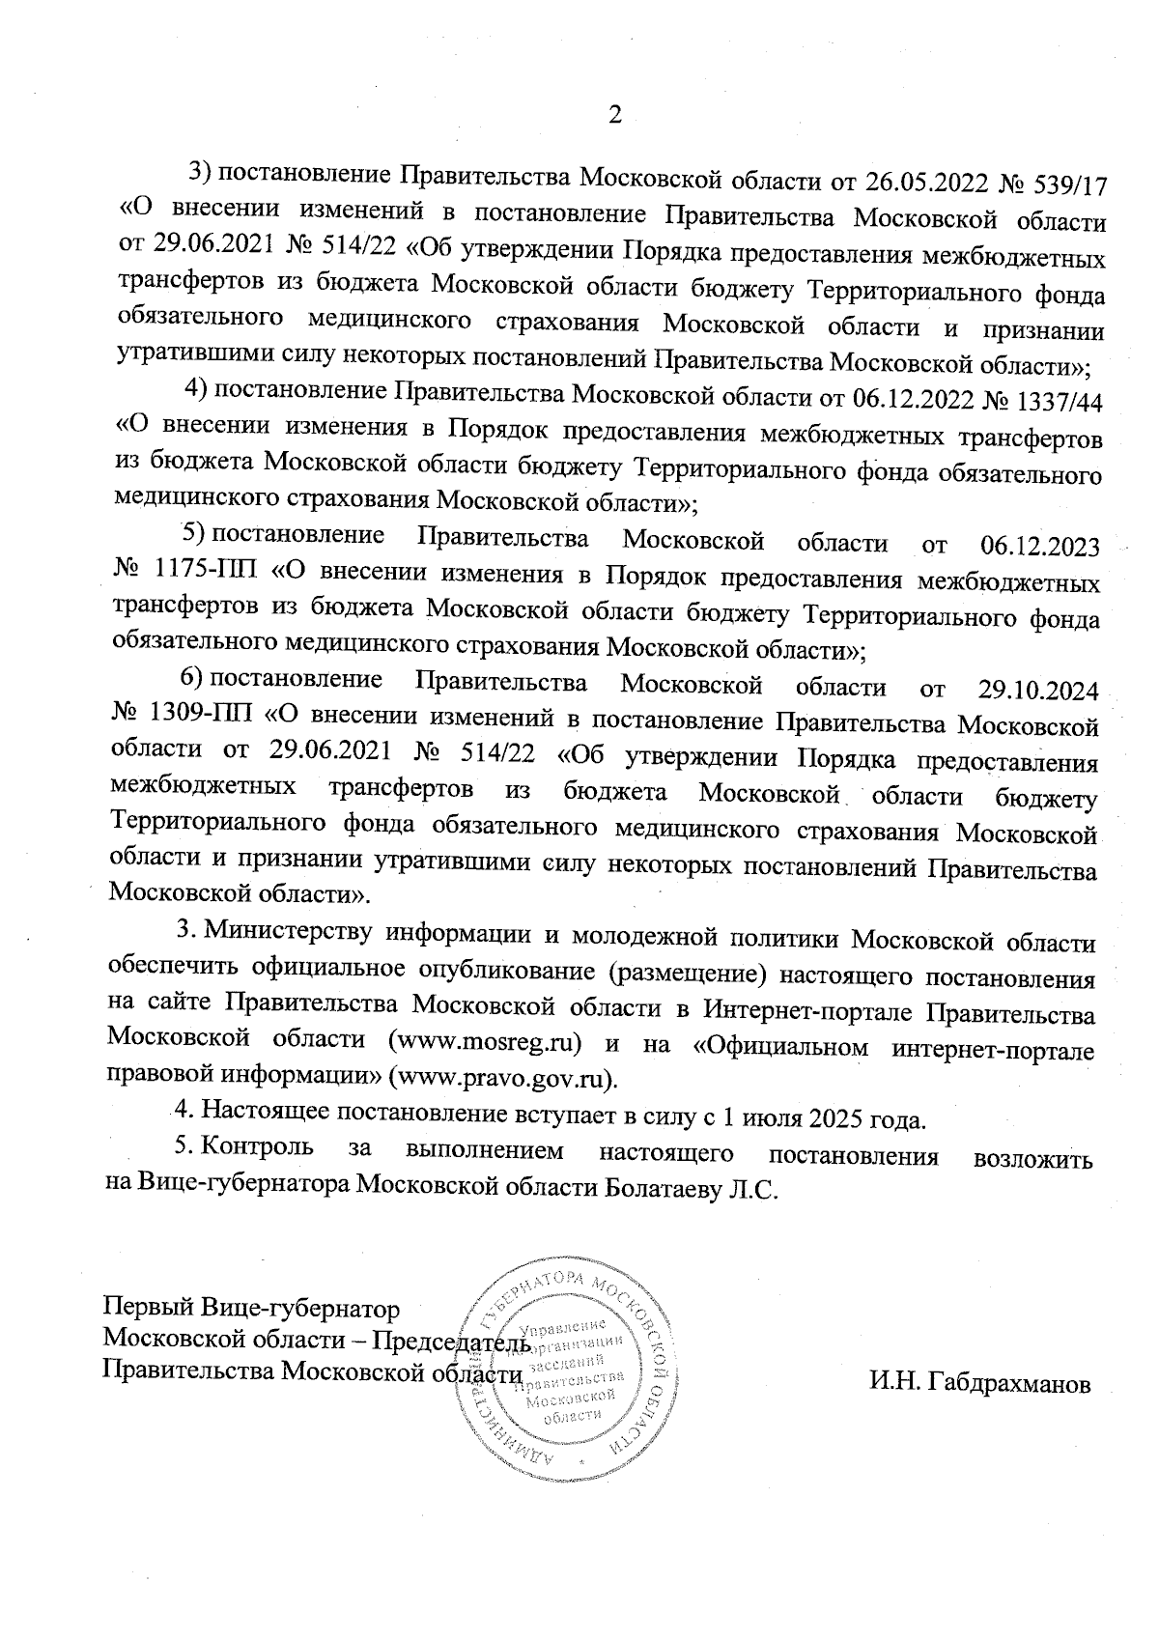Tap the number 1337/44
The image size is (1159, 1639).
click(1060, 397)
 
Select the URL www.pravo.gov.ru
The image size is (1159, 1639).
click(503, 1075)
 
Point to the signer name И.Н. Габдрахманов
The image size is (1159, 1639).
click(980, 1384)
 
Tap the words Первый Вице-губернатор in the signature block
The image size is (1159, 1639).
click(251, 1310)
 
